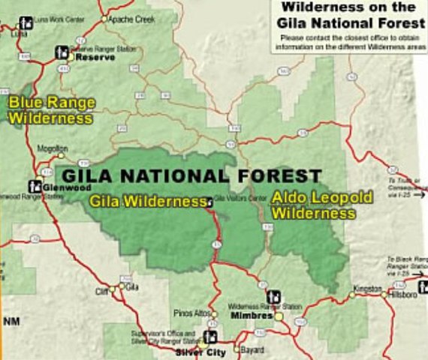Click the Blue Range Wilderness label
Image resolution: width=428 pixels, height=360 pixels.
[x=50, y=109]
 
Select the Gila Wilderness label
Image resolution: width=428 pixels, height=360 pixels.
[x=147, y=201]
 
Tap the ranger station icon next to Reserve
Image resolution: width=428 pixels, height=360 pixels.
[x=62, y=52]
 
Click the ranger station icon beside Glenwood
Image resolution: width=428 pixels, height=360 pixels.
[x=35, y=184]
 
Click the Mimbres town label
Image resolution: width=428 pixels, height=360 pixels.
[x=251, y=316]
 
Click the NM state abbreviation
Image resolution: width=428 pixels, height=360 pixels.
[x=11, y=322]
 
